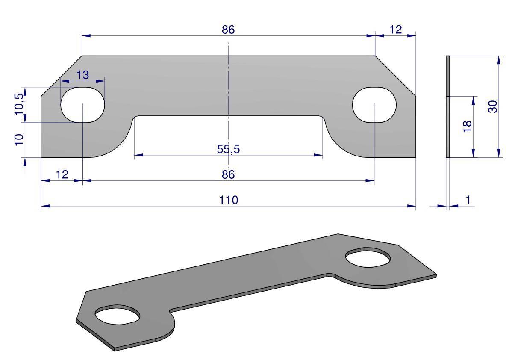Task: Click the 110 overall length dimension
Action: point(229,200)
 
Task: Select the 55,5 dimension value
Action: point(228,149)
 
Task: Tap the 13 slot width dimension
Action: point(82,75)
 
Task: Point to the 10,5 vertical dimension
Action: point(19,104)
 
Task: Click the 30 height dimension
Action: point(493,106)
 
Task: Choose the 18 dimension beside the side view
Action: point(467,126)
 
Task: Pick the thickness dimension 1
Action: point(468,200)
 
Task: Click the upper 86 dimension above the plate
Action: point(228,30)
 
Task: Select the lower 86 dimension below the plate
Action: point(228,174)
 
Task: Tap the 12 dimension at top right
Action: point(395,30)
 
